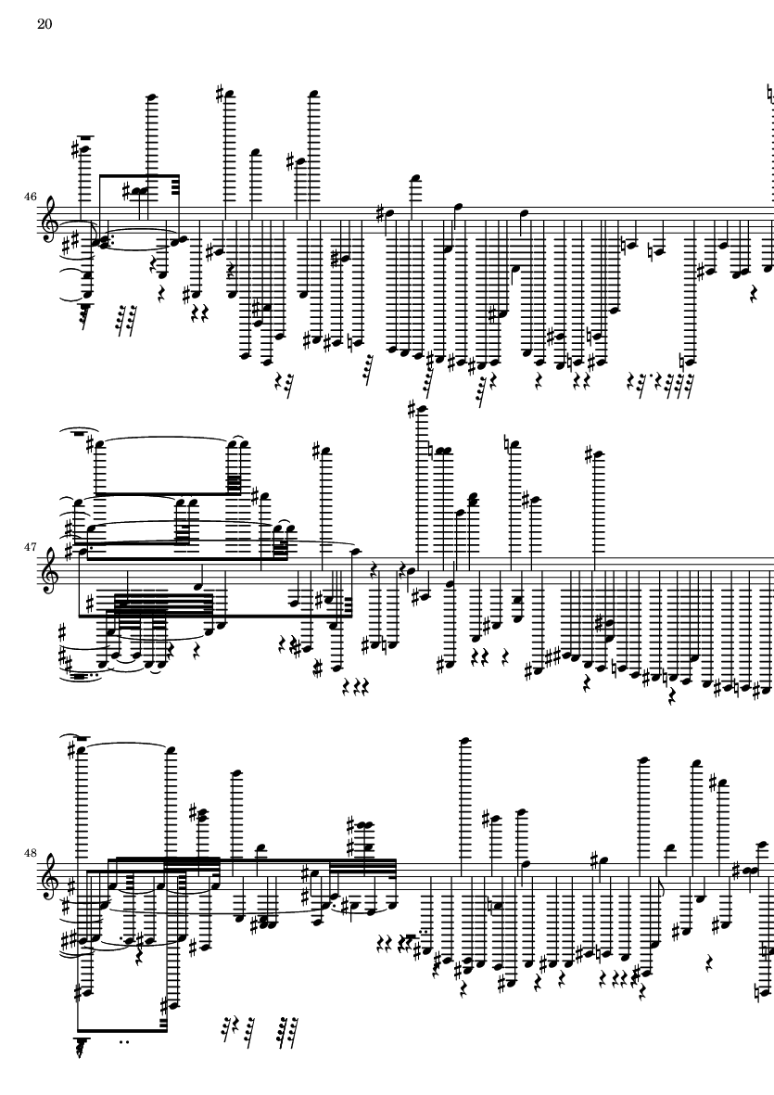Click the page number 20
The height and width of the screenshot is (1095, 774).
point(44,24)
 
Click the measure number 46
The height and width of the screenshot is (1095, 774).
point(30,197)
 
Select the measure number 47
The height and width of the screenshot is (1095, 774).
point(30,547)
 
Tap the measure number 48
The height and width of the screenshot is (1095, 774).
point(30,853)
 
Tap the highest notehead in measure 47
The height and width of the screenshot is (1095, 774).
point(423,409)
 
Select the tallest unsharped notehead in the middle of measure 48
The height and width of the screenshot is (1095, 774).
point(463,741)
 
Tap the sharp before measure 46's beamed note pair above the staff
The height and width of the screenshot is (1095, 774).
point(127,190)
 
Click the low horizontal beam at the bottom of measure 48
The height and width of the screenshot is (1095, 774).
point(122,1028)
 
